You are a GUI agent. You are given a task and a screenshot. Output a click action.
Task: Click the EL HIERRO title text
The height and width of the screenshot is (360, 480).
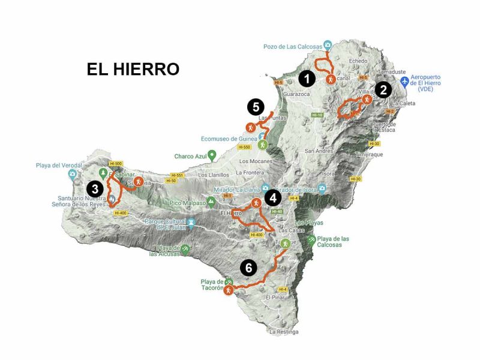point(133,69)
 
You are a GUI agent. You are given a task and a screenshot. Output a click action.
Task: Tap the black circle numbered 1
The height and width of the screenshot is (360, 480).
point(307,78)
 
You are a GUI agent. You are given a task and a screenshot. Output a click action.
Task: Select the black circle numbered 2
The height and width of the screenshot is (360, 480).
point(383,91)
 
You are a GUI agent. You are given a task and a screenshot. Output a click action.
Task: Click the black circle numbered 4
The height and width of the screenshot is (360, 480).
point(272,197)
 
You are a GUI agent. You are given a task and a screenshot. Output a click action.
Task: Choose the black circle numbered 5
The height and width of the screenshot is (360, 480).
point(256,107)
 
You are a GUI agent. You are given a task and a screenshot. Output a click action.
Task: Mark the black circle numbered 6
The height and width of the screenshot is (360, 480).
point(248,268)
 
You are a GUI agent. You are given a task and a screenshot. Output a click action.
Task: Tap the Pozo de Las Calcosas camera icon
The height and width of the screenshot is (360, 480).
point(328,44)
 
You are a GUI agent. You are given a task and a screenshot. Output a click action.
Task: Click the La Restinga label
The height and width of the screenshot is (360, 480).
point(283,332)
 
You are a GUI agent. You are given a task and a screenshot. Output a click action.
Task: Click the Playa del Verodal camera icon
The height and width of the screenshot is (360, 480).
point(73,175)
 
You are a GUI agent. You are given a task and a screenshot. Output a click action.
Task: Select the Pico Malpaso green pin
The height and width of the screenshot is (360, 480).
point(211,200)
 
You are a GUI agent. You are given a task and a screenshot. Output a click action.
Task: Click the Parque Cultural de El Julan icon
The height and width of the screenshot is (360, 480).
point(191,224)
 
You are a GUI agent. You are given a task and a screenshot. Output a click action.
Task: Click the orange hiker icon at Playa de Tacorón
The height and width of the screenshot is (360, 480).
point(228,291)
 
